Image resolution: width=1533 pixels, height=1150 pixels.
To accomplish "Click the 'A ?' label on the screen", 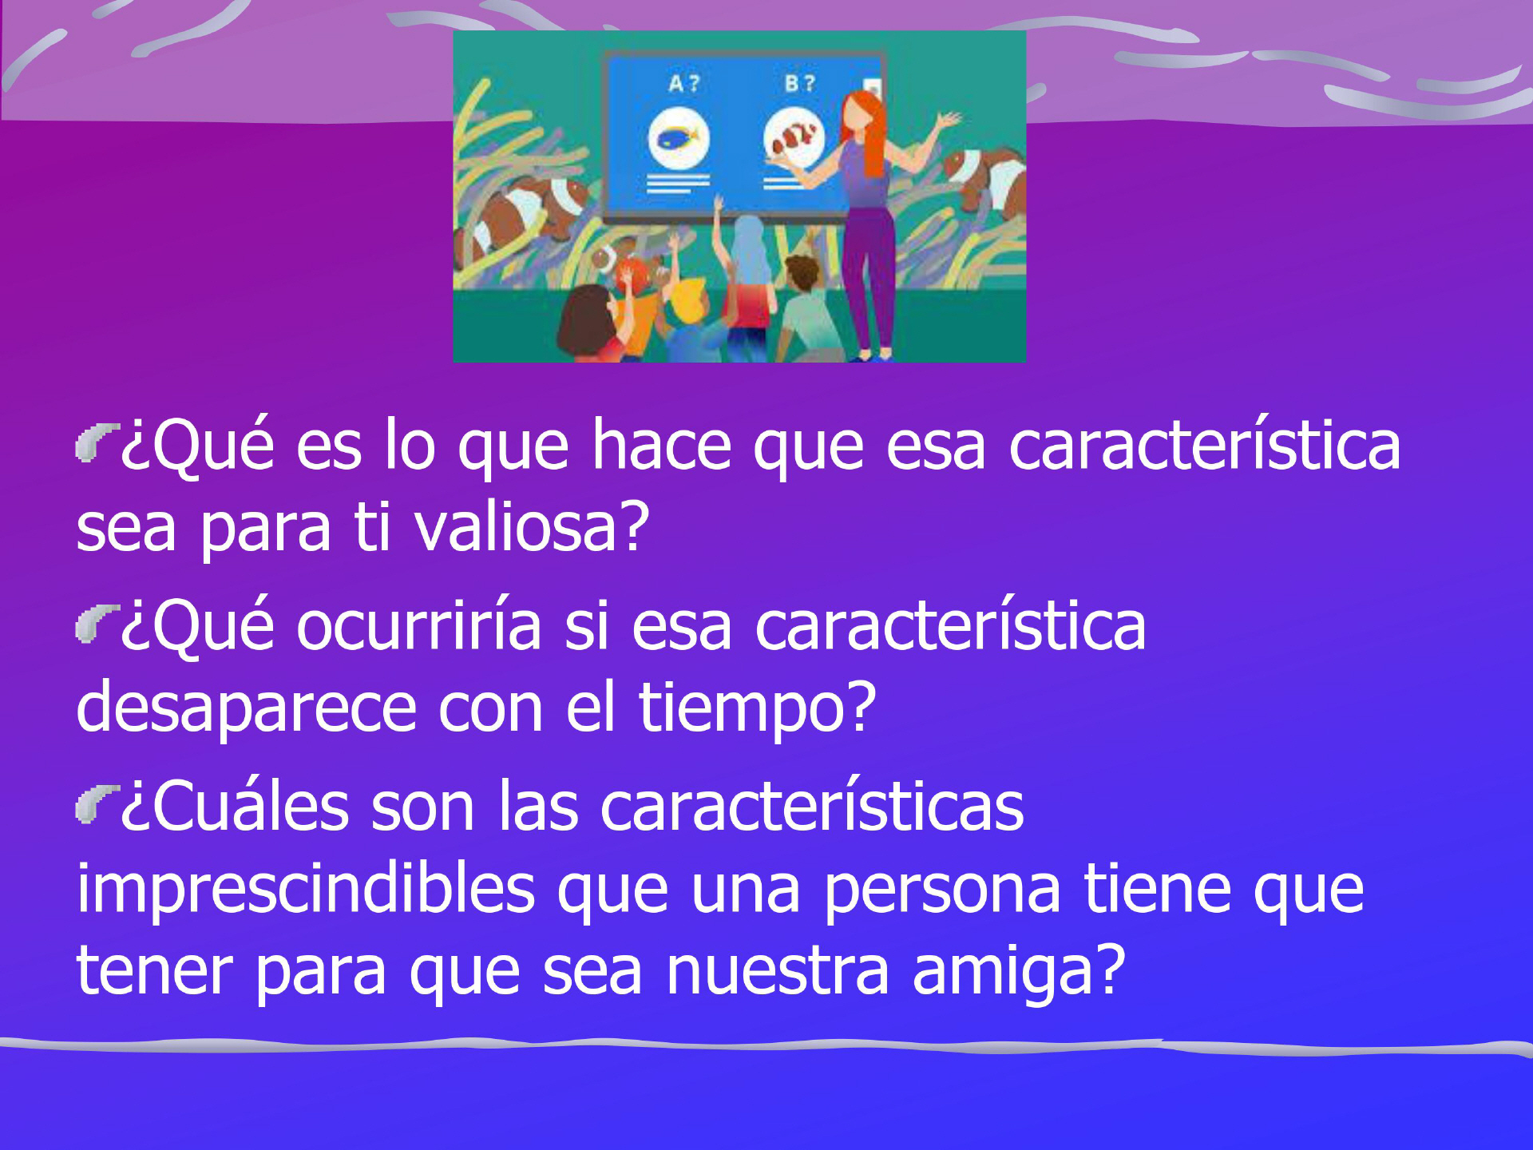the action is [683, 83].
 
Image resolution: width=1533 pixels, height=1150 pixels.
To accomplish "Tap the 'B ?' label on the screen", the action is [799, 83].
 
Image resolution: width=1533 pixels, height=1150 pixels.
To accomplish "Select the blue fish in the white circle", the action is [678, 139].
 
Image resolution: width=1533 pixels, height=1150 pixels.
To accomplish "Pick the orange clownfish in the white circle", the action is [794, 137].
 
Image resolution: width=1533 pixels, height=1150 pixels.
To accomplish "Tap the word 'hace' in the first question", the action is [661, 445].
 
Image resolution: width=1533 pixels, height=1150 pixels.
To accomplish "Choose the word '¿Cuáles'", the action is [235, 807].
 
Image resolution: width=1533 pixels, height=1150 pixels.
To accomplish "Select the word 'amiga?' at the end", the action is [1019, 972].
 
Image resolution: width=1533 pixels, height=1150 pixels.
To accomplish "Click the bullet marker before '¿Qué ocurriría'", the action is [97, 624].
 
